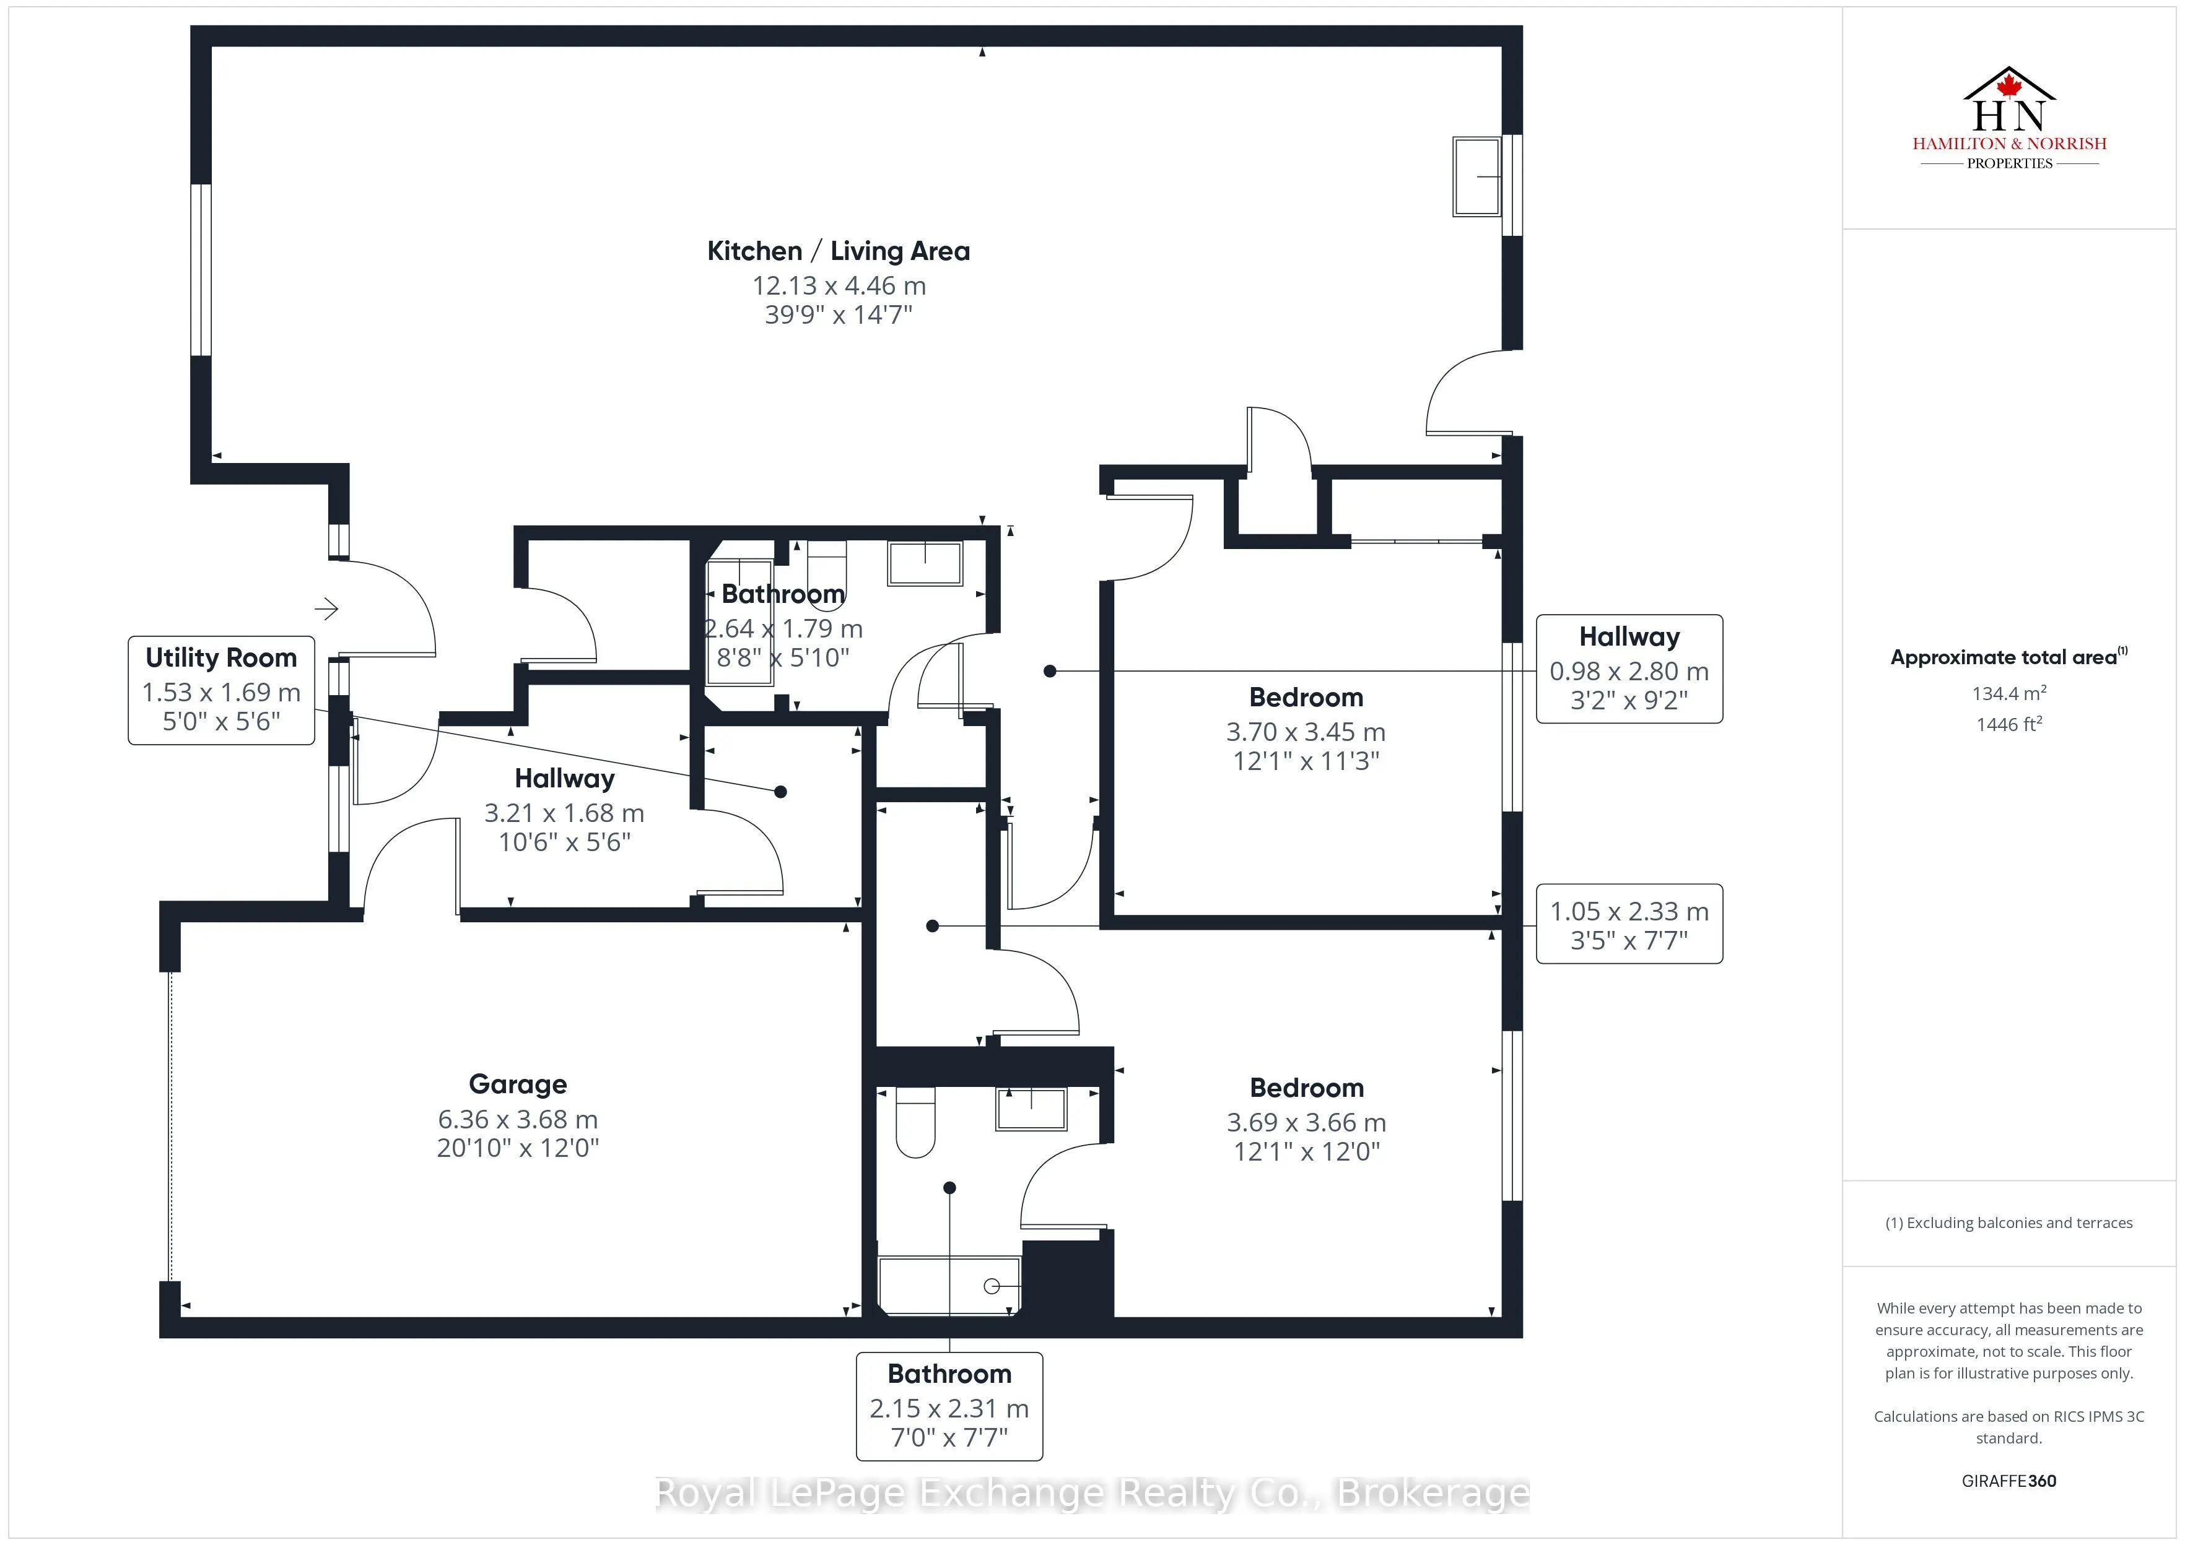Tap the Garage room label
point(518,1084)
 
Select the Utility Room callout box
point(220,690)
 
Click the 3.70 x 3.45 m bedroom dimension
point(1306,732)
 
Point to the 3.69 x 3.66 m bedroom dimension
point(1306,1123)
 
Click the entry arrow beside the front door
point(326,609)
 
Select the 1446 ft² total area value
point(2009,724)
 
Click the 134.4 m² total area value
point(2009,693)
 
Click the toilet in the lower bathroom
point(915,1123)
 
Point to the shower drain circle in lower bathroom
point(991,1286)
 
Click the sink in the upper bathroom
point(924,563)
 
